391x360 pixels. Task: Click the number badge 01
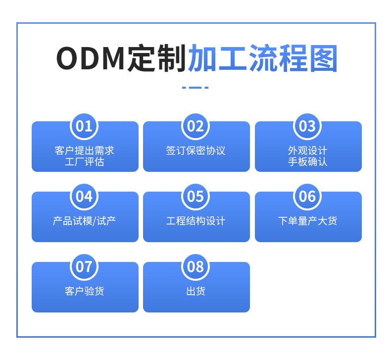(84, 126)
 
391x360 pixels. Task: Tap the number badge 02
(195, 126)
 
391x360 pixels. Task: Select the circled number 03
(307, 126)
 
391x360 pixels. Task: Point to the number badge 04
(84, 197)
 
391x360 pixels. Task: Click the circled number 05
(195, 197)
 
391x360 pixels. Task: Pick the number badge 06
(307, 197)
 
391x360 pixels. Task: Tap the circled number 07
(84, 267)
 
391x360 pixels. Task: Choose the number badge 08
(195, 267)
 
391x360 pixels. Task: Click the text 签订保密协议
(196, 151)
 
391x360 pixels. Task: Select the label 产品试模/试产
(85, 221)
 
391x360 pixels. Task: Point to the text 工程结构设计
(196, 221)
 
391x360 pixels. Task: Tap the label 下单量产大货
(308, 221)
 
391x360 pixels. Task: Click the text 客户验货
(85, 291)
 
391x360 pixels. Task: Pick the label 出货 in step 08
(196, 291)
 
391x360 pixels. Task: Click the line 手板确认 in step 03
(308, 162)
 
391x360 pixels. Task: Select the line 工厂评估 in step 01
(85, 162)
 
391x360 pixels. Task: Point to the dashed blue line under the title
(195, 88)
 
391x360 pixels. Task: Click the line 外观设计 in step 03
(308, 151)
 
